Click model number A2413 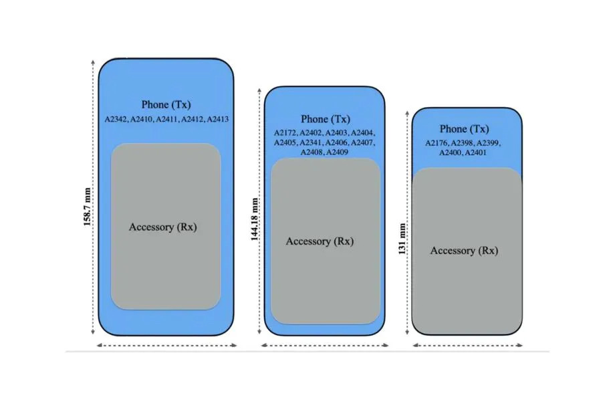pos(218,119)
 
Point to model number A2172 pos(285,132)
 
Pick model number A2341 pos(312,142)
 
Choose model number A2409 pos(338,152)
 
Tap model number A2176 pos(437,142)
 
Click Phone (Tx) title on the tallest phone pos(166,104)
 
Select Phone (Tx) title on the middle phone pos(325,119)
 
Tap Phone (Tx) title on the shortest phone pos(464,129)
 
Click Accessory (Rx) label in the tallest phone pos(163,227)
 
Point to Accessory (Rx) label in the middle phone pos(320,241)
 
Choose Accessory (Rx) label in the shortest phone pos(464,251)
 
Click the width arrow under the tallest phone pos(167,345)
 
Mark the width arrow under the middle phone pos(324,345)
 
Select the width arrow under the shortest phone pos(467,345)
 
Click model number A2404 pos(363,132)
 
